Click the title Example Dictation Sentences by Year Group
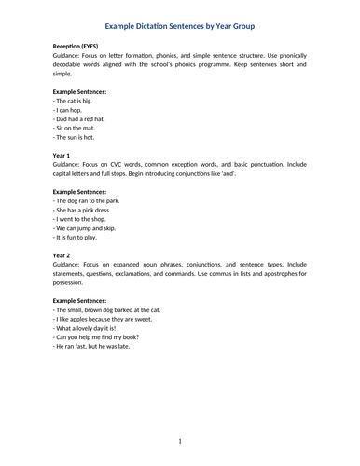(180, 27)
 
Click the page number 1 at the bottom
(179, 440)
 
